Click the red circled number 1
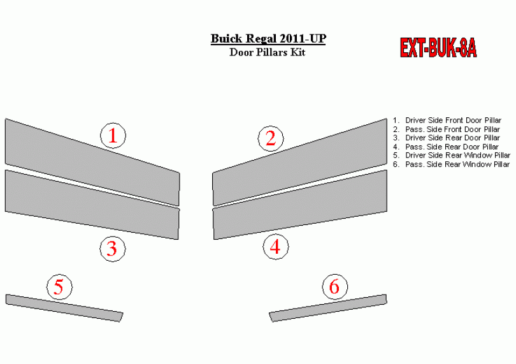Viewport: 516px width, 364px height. pyautogui.click(x=113, y=135)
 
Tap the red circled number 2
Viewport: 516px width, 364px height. pyautogui.click(x=271, y=138)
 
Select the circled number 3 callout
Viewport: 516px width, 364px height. pyautogui.click(x=113, y=249)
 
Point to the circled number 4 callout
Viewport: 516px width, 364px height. pyautogui.click(x=275, y=247)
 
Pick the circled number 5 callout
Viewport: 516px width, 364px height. pyautogui.click(x=59, y=287)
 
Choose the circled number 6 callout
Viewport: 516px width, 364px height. pyautogui.click(x=334, y=286)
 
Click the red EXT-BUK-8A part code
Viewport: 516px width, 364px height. pyautogui.click(x=438, y=48)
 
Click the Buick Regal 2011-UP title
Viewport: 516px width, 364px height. pyautogui.click(x=268, y=38)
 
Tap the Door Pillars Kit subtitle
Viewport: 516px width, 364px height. pyautogui.click(x=267, y=52)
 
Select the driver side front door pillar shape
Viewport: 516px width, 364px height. pyautogui.click(x=92, y=161)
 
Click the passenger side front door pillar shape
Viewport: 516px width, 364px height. pyautogui.click(x=299, y=161)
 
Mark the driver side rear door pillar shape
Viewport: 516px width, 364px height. pyautogui.click(x=92, y=205)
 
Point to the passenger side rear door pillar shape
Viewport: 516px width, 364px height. pyautogui.click(x=299, y=205)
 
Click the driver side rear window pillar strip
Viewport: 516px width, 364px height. pyautogui.click(x=64, y=308)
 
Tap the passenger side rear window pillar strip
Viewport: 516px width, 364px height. pyautogui.click(x=328, y=308)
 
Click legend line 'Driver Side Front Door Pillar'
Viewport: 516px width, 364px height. pyautogui.click(x=447, y=120)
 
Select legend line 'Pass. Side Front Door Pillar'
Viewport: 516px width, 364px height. pyautogui.click(x=447, y=129)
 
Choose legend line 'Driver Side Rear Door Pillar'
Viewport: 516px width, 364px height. pyautogui.click(x=447, y=138)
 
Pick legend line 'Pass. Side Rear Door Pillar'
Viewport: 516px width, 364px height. pyautogui.click(x=446, y=147)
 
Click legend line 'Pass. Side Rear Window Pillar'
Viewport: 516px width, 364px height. pyautogui.click(x=452, y=164)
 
